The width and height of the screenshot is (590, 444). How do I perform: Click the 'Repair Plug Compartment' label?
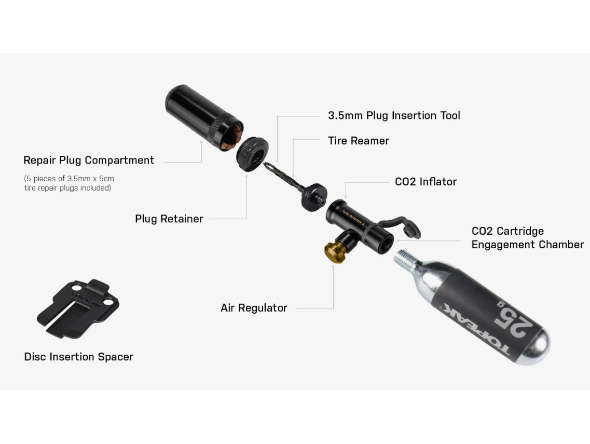point(89,160)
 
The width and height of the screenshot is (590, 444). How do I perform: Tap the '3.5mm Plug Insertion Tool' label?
point(394,115)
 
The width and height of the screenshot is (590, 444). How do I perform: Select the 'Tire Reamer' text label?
point(358,141)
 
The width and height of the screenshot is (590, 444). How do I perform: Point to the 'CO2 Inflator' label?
point(426,182)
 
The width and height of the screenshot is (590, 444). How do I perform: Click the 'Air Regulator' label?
point(253,308)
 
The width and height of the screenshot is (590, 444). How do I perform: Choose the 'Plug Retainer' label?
point(169,219)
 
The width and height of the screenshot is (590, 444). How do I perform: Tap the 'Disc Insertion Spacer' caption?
point(78,357)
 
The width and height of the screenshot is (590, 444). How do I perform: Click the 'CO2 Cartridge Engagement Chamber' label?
point(527,238)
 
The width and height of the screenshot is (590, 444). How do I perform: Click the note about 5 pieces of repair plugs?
point(69,183)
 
